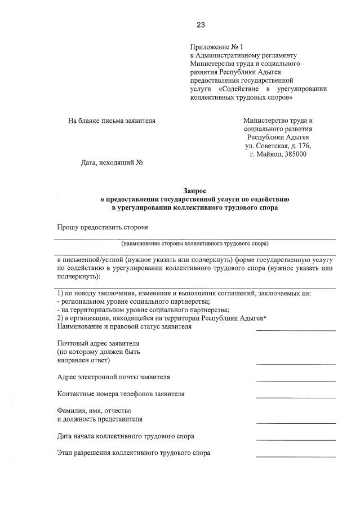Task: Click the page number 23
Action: pos(201,24)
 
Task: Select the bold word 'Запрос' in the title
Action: pos(194,191)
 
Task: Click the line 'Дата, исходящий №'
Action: pos(112,163)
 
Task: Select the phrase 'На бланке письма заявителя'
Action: pos(112,121)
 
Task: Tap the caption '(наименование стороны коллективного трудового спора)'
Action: pos(195,243)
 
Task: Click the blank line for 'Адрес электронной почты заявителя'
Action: pos(295,381)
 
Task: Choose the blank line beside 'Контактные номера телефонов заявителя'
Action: pos(295,398)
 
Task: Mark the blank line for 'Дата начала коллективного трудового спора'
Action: pos(295,440)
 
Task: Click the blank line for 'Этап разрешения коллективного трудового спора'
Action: pos(295,456)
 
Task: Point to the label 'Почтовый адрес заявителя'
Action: pos(99,343)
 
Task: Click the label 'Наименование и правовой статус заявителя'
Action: pos(125,326)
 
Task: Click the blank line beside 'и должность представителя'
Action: pos(295,423)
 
